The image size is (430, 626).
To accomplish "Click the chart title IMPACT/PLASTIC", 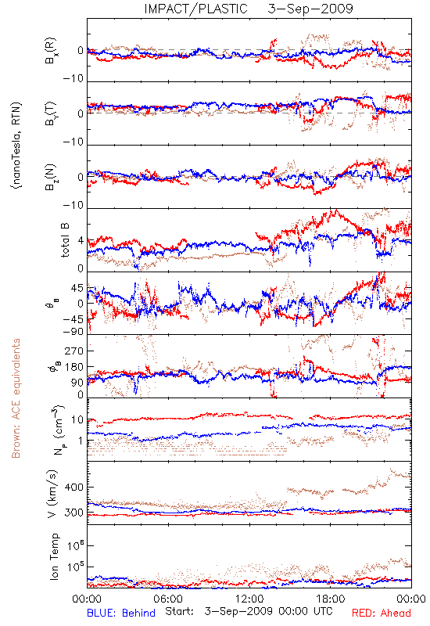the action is (x=196, y=9).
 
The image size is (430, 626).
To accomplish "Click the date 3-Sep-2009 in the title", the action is (x=310, y=9).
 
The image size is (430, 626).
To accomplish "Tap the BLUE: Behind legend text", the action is (x=121, y=613).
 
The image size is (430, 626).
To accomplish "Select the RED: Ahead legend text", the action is (x=381, y=613).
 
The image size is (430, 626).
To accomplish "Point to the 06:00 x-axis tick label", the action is (x=168, y=599).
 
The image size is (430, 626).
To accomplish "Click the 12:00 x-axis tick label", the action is (x=249, y=599).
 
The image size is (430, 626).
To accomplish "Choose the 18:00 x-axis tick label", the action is (x=331, y=599).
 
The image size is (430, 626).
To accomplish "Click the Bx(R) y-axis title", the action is (x=51, y=50).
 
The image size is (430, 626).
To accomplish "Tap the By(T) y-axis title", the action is (x=51, y=113).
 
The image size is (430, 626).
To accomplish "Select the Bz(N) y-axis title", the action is (x=51, y=177).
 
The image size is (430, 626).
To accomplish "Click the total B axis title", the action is (x=65, y=240).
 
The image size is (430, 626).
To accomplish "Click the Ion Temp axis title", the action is (x=54, y=556).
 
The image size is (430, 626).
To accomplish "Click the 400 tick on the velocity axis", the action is (x=73, y=487).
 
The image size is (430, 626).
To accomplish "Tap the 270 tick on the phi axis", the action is (x=73, y=351).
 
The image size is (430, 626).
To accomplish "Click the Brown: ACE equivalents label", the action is (x=16, y=398).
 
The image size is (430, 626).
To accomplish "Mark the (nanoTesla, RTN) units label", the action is (x=16, y=146).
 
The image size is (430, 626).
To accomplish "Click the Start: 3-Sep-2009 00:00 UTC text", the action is (x=249, y=611).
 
